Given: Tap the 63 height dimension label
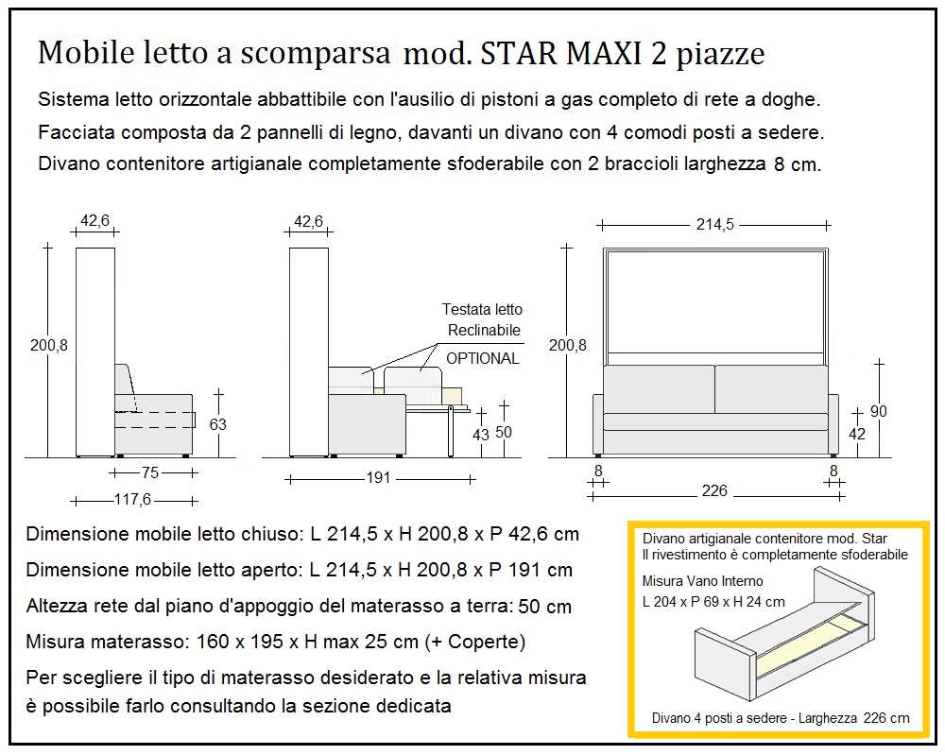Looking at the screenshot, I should [x=218, y=424].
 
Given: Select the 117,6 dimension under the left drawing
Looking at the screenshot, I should [x=133, y=499].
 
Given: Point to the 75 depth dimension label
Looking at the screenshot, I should [x=150, y=472].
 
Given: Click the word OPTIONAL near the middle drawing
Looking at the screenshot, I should [x=482, y=358].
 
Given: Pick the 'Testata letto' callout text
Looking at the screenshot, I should [x=482, y=310].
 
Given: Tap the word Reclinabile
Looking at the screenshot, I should [x=484, y=330].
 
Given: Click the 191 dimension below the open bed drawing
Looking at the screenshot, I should [x=378, y=478].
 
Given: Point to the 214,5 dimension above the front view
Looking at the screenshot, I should [x=714, y=225].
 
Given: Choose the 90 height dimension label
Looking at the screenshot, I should [x=878, y=412].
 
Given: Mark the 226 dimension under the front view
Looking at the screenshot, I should [x=714, y=491].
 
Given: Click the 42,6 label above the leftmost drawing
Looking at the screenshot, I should [x=95, y=221].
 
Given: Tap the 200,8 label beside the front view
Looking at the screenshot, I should [x=567, y=346].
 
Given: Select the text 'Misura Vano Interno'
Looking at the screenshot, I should [x=702, y=581].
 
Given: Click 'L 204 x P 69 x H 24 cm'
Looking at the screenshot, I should [x=713, y=601].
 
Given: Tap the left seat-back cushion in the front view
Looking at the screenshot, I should [x=658, y=388].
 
